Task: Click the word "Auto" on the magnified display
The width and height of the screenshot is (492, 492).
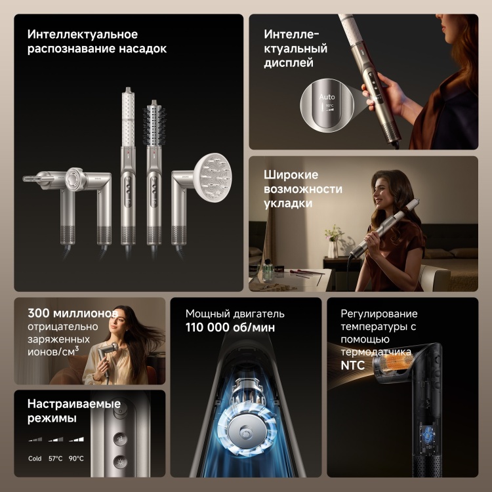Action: coord(327,97)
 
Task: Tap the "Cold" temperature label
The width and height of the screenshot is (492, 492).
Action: coord(35,459)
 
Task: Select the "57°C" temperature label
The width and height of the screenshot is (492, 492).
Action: coord(56,459)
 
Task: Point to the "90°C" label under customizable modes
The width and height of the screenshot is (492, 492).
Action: coord(76,459)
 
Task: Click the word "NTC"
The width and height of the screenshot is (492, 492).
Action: coord(353,365)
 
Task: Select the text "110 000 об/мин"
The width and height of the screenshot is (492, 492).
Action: coord(230,327)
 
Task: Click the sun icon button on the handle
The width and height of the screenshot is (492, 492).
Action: coord(121,462)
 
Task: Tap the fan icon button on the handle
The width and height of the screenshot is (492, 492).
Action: coord(121,440)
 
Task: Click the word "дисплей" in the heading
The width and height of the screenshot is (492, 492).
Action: coord(289,62)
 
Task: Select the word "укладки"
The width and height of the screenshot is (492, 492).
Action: coord(288,203)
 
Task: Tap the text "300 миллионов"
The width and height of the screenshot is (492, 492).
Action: coord(73,313)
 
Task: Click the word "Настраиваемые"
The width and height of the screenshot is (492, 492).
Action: coord(74,403)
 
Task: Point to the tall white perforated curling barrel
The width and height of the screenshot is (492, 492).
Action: coord(128,117)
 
